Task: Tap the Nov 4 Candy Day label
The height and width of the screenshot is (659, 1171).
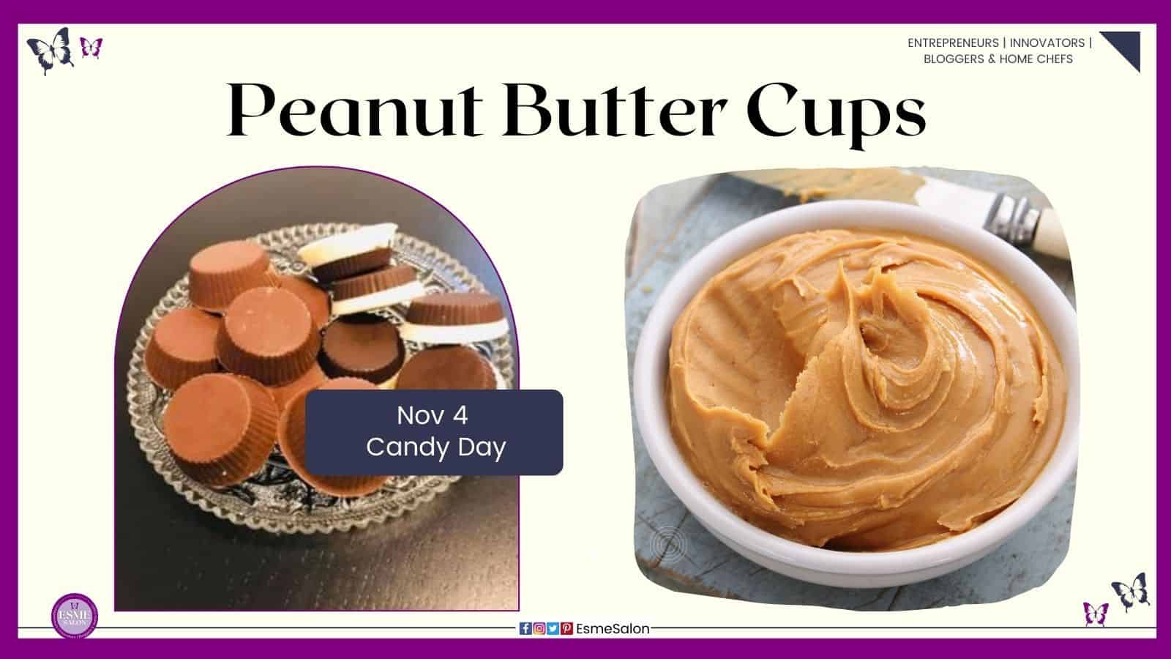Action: [x=434, y=432]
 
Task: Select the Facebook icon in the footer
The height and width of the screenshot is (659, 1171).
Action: [x=525, y=628]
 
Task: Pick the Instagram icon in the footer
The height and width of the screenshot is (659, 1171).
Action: [x=539, y=628]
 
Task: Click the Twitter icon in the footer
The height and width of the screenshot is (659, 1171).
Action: [x=553, y=628]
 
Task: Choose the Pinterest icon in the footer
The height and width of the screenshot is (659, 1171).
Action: [x=566, y=628]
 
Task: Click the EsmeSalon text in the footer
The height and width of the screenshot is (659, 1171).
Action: [x=613, y=628]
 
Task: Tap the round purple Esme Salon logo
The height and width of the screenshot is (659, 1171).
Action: [x=75, y=615]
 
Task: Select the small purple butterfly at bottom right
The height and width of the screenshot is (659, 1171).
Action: [x=1096, y=612]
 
